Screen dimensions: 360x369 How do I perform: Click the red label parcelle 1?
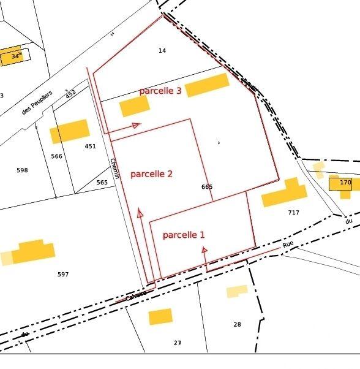point(184,235)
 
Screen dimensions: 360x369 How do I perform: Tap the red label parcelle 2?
point(151,174)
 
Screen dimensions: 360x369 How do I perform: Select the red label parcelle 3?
point(160,91)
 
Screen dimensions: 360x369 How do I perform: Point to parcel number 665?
point(207,186)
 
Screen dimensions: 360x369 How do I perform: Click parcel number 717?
point(293,213)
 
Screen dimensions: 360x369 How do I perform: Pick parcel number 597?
point(63,274)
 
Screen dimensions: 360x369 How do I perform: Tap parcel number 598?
point(22,170)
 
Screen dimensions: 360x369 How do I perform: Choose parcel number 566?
point(57,156)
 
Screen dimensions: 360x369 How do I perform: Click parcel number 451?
point(91,146)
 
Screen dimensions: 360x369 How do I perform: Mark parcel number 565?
point(102,183)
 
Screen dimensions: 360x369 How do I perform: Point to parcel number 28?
point(237,324)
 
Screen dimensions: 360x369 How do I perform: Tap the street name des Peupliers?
point(37,102)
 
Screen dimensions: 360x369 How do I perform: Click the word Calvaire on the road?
point(136,295)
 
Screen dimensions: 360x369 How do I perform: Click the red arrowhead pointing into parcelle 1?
point(204,249)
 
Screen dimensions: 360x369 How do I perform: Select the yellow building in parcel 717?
point(284,194)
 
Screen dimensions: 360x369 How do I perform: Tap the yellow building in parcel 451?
point(69,131)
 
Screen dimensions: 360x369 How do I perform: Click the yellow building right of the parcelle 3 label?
point(207,85)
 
